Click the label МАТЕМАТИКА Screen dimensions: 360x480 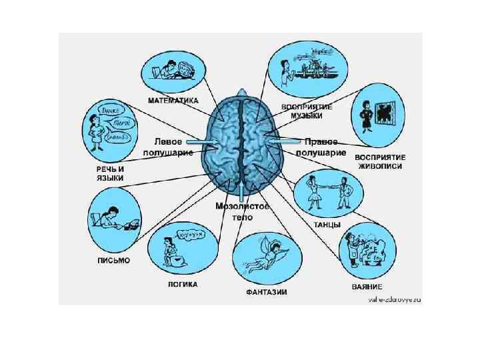173,101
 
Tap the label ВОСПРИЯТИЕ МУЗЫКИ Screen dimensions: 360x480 307,111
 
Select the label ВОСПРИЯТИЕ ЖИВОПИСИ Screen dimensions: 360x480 381,162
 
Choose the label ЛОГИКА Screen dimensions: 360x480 182,284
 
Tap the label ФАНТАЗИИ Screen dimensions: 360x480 267,293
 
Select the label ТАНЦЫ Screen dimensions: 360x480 327,225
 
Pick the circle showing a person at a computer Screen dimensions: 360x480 172,69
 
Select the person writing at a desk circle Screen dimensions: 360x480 114,217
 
